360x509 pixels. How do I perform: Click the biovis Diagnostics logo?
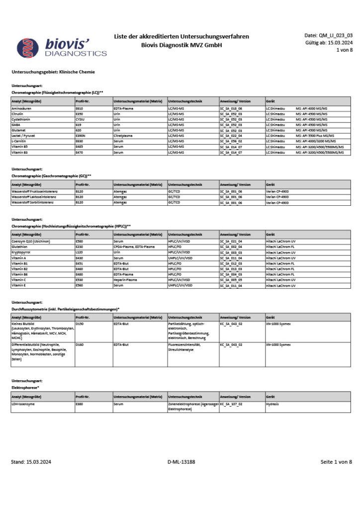point(62,47)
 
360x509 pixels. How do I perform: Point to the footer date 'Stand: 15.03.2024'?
point(31,462)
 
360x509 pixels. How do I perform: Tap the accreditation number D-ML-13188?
point(181,462)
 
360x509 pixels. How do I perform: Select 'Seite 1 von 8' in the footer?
point(336,462)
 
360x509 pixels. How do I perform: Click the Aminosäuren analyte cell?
point(22,108)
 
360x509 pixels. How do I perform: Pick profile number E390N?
point(81,135)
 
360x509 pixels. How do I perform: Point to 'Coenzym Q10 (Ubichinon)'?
point(33,241)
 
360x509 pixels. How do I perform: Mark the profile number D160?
point(80,344)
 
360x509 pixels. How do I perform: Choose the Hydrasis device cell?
point(272,404)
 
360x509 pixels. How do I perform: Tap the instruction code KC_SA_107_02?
point(231,404)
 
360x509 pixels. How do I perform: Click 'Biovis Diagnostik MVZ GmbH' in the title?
point(181,45)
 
